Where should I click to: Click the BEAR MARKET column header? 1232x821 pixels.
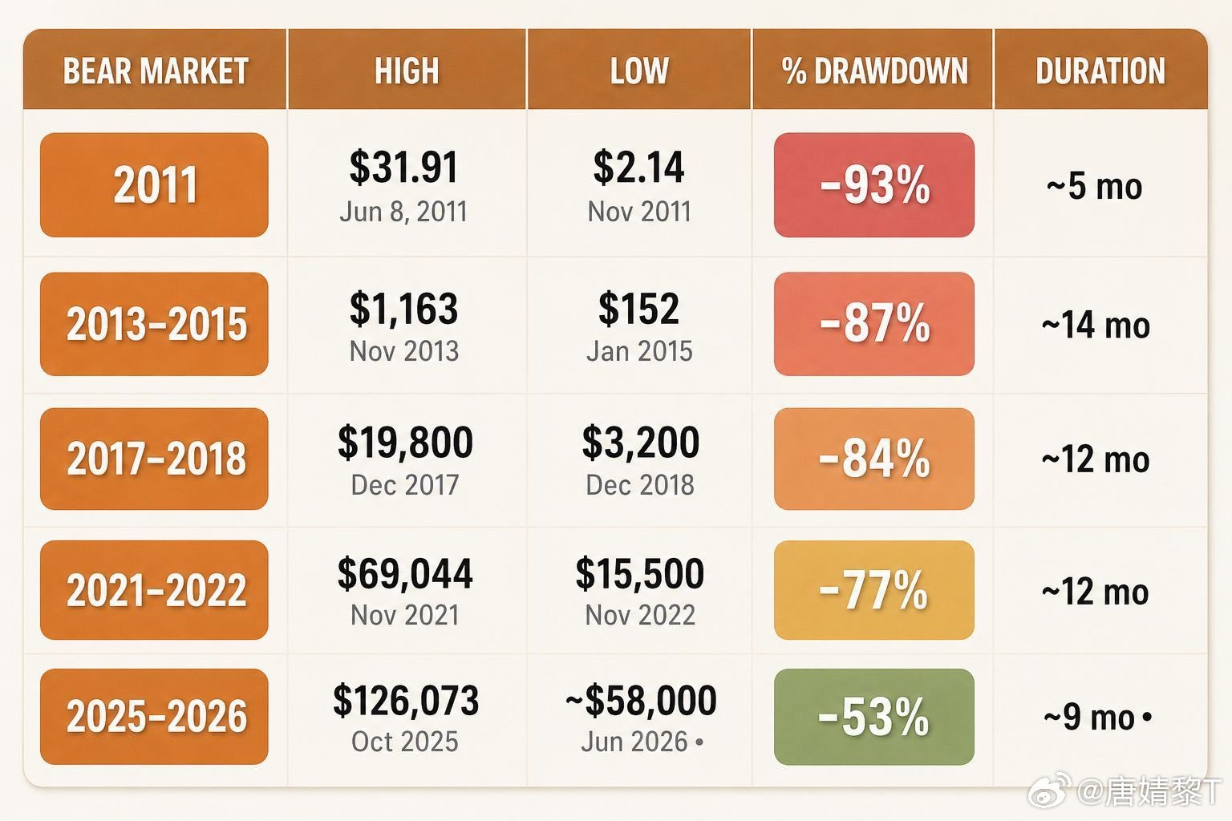coord(156,71)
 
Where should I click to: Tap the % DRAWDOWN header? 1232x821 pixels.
coord(874,71)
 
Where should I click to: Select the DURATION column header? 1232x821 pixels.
coord(1100,71)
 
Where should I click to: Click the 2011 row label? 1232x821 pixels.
coord(154,184)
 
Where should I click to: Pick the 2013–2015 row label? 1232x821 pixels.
coord(154,324)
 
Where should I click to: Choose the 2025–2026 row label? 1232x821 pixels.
coord(154,717)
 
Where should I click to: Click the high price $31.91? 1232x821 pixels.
coord(403,167)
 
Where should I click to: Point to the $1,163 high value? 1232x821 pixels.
coord(403,308)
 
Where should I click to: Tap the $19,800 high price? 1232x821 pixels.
coord(405,442)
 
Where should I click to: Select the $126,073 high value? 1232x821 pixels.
coord(406,700)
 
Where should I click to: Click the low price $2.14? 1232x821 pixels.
coord(638,167)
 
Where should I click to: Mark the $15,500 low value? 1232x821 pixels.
coord(639,573)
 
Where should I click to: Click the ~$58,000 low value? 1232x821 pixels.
coord(641,700)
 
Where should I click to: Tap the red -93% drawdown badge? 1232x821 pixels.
coord(874,184)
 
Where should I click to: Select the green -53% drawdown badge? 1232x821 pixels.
coord(874,717)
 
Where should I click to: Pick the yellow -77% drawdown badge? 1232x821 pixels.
coord(874,590)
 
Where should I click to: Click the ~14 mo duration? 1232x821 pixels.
coord(1096,325)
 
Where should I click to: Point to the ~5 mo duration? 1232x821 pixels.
coord(1095,187)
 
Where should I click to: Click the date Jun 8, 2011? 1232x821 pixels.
coord(403,212)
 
